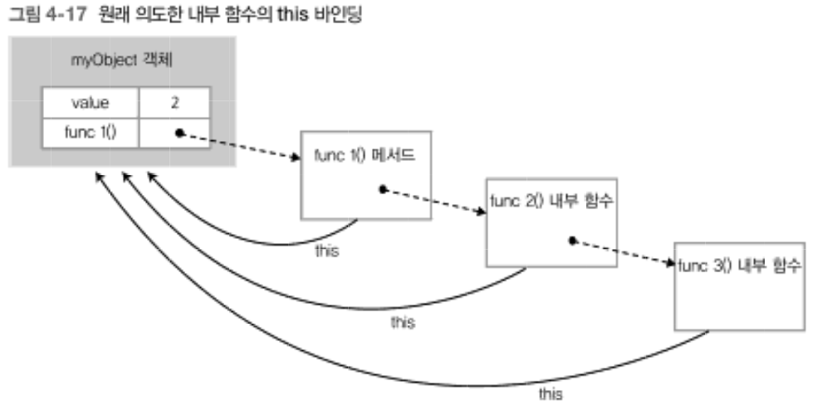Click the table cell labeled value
(91, 104)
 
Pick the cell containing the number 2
(175, 104)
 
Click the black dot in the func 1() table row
(178, 132)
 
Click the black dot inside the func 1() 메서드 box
(382, 189)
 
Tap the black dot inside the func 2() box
(571, 241)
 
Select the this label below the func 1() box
(327, 251)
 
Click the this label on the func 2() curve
(403, 321)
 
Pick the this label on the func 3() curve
(551, 393)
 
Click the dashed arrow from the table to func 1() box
(241, 146)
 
